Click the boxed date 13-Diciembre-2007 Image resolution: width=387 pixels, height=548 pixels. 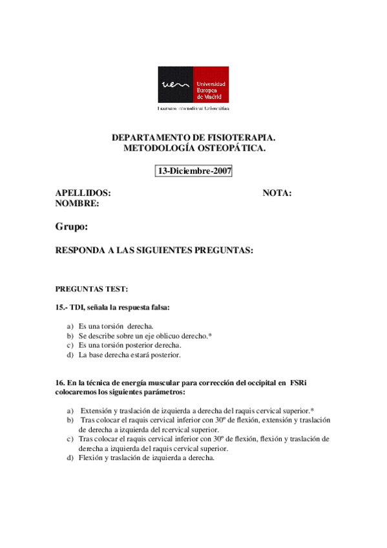[194, 171]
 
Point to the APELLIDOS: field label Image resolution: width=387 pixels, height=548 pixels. [83, 193]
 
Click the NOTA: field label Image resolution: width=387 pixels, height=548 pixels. [277, 193]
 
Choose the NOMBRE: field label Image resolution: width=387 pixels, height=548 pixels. [77, 204]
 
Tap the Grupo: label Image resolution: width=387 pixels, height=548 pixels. [71, 227]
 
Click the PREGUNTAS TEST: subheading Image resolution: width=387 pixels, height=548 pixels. [92, 289]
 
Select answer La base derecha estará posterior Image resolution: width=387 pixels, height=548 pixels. [129, 355]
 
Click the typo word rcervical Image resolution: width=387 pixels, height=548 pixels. [179, 429]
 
